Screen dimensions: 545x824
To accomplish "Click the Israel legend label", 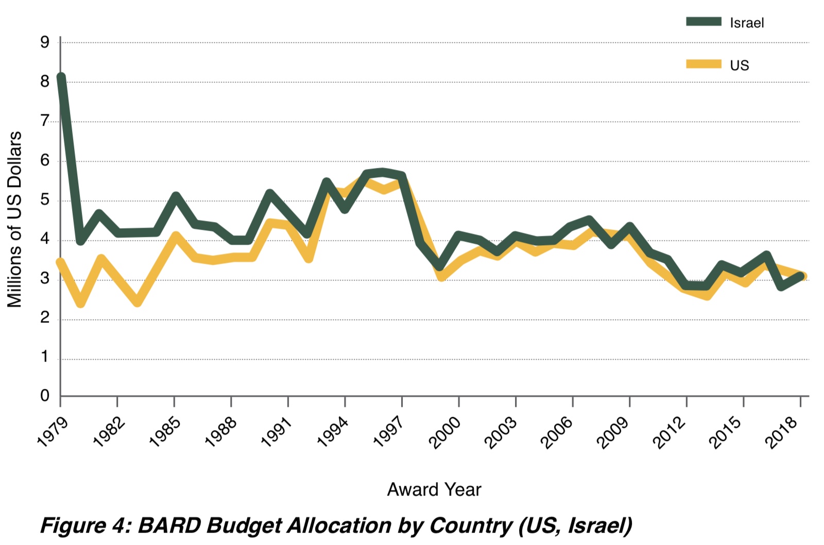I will tap(746, 23).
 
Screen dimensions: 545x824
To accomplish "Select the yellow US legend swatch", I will tap(703, 64).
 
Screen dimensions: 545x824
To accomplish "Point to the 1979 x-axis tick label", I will tap(53, 432).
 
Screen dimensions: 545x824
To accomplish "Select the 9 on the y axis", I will tap(45, 42).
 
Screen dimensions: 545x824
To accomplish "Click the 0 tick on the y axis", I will tap(45, 396).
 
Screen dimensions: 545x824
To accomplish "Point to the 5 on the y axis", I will tap(45, 200).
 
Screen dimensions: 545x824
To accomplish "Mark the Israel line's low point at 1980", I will tap(80, 241).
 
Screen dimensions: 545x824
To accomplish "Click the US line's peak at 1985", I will tap(176, 236).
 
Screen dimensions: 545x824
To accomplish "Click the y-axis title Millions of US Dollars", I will tap(14, 219).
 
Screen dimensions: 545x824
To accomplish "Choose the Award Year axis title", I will tap(434, 489).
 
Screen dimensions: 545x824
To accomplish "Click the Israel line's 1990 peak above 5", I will tap(270, 194).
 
